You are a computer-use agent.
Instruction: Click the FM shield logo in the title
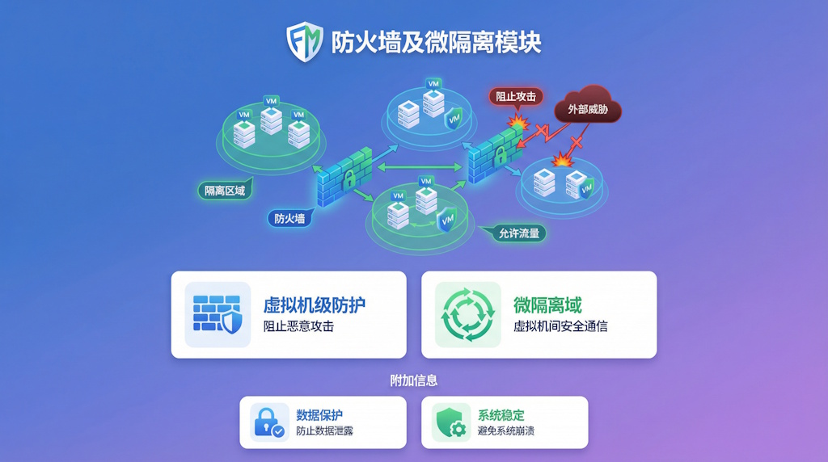[305, 41]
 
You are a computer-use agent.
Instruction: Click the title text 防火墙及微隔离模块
[436, 42]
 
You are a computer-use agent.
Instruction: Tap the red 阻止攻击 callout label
[516, 96]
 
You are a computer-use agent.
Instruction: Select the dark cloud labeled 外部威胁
[588, 108]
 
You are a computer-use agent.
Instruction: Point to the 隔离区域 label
[224, 191]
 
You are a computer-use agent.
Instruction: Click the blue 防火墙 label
[290, 218]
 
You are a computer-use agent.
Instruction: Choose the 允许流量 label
[517, 233]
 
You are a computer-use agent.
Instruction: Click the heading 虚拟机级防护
[314, 304]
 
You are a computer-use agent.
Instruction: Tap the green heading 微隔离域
[547, 304]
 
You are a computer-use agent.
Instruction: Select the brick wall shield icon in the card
[218, 314]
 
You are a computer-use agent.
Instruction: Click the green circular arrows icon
[468, 314]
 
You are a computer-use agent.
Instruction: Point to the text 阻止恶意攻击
[298, 326]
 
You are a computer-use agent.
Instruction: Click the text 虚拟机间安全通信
[560, 326]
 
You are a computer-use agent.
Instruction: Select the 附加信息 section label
[414, 380]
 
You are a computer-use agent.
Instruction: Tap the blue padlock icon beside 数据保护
[268, 422]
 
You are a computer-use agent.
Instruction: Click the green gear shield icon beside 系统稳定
[450, 422]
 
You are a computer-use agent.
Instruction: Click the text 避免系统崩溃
[506, 431]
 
